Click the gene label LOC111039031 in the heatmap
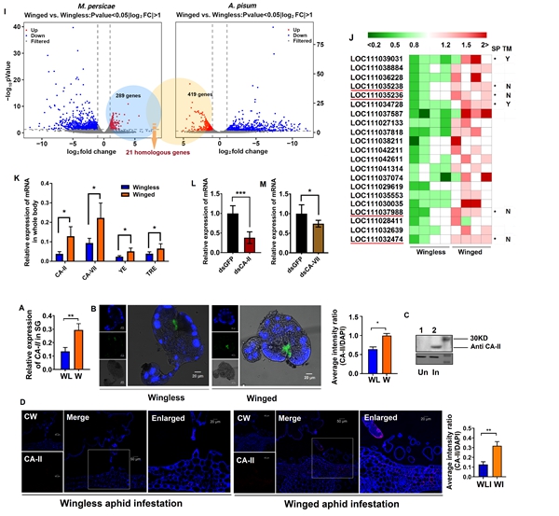coord(374,58)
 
